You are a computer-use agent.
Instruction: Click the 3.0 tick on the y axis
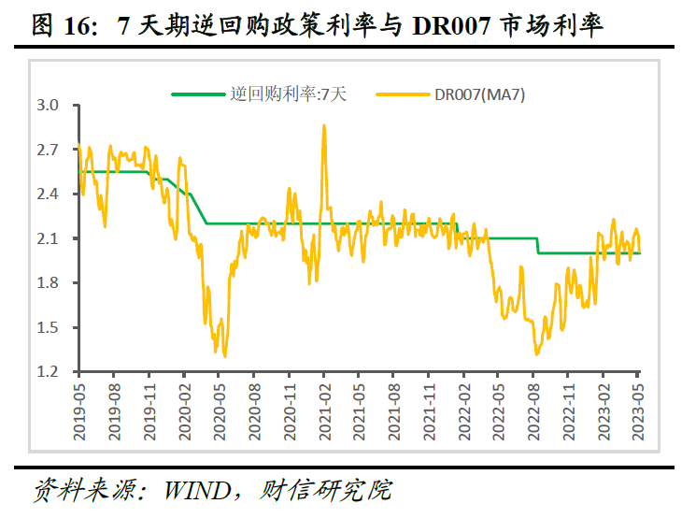pyautogui.click(x=48, y=106)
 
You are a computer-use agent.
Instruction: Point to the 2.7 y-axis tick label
pyautogui.click(x=48, y=150)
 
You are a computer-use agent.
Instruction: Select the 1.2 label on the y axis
pyautogui.click(x=48, y=372)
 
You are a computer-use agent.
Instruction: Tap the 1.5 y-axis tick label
pyautogui.click(x=48, y=328)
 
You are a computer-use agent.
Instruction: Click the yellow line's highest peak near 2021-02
pyautogui.click(x=324, y=125)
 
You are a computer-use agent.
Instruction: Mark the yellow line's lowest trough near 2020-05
pyautogui.click(x=225, y=356)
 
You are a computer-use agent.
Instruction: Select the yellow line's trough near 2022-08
pyautogui.click(x=537, y=353)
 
